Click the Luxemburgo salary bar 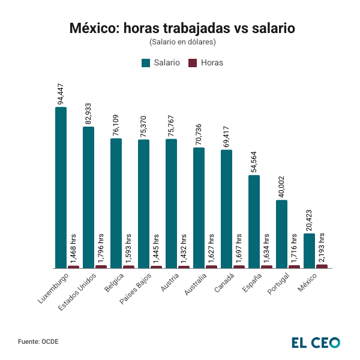tap(61, 187)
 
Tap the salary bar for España tap(254, 221)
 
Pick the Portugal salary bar tap(281, 234)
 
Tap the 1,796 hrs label tap(101, 248)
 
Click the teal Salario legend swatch tap(145, 62)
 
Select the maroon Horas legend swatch tap(193, 62)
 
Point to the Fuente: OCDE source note tap(38, 341)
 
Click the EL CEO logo tap(316, 342)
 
